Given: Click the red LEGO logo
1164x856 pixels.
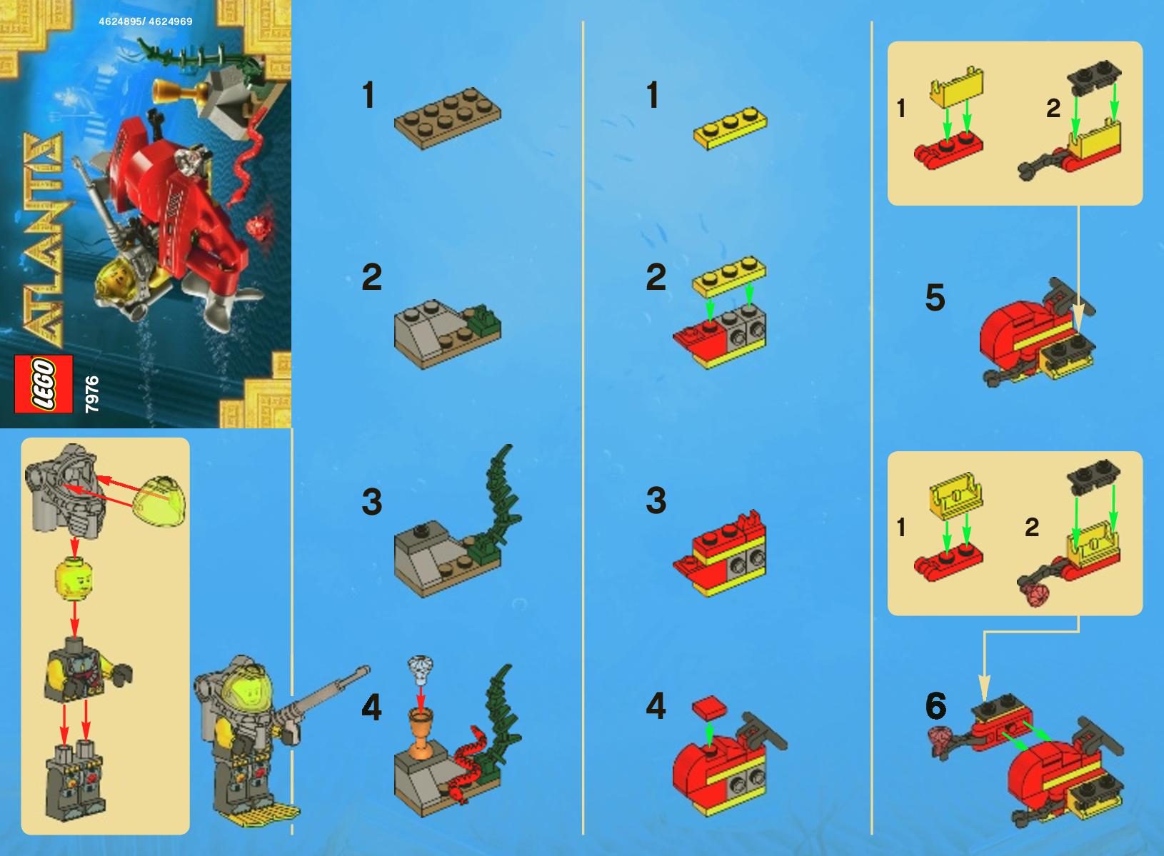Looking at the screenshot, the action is (44, 384).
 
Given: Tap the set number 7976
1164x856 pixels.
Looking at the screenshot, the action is (91, 394).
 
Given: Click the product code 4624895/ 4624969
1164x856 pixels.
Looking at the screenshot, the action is (146, 21).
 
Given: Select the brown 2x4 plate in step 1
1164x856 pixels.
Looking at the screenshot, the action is (448, 119).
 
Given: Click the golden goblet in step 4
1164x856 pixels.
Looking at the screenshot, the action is (421, 733).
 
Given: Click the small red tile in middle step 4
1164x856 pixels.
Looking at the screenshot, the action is (709, 708).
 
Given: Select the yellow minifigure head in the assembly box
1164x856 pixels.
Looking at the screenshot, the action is (74, 578).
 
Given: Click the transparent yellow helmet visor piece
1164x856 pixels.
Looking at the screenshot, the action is (159, 500).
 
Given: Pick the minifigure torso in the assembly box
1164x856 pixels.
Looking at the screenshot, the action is (86, 670).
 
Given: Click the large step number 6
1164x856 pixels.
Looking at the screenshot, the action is (936, 706).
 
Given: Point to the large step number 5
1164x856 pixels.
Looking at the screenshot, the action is (935, 297).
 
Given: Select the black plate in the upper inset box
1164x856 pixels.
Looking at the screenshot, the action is (1094, 77).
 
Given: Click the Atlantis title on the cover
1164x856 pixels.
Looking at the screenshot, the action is (44, 239).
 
